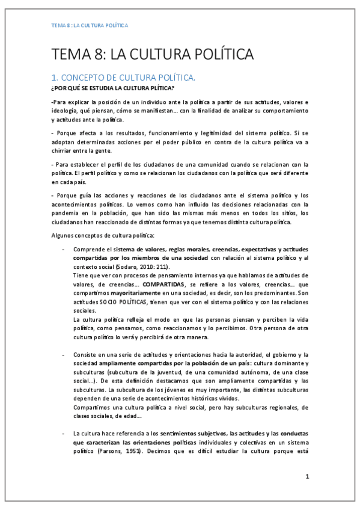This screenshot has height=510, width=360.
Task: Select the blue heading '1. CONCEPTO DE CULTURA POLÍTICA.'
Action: [123, 78]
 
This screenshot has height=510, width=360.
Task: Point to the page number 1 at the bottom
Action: [307, 476]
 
